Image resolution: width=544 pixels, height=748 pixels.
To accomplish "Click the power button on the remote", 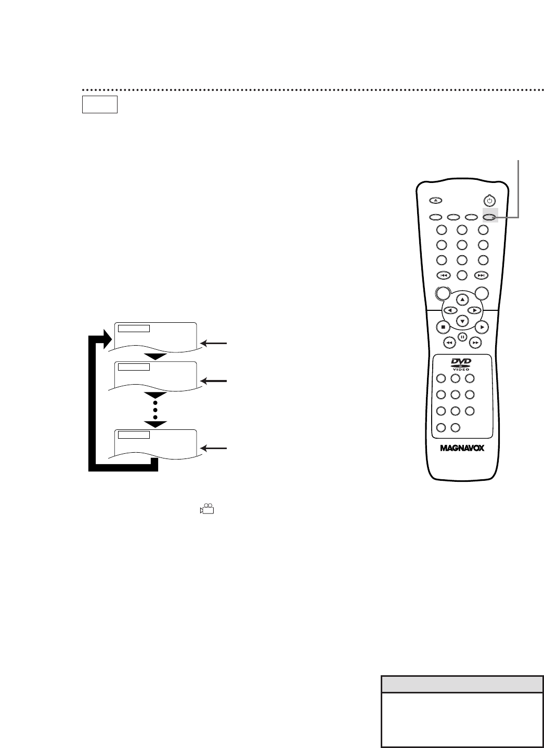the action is pyautogui.click(x=488, y=200).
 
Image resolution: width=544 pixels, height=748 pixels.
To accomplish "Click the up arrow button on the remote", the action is pyautogui.click(x=462, y=299).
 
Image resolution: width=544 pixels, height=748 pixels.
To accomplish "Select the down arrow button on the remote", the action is pyautogui.click(x=462, y=321).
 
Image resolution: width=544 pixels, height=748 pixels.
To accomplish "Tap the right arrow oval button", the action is pyautogui.click(x=474, y=310).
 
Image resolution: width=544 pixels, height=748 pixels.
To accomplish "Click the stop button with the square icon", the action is pyautogui.click(x=443, y=327).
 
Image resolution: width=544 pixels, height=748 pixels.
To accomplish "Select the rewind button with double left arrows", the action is pyautogui.click(x=448, y=343).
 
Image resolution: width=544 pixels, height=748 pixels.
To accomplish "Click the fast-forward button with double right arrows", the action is pyautogui.click(x=475, y=343).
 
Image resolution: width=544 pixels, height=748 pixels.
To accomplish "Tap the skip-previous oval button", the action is pyautogui.click(x=443, y=275).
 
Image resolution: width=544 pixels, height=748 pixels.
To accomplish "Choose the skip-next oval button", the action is pyautogui.click(x=482, y=275).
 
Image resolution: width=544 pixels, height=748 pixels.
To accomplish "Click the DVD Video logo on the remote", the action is pyautogui.click(x=461, y=364).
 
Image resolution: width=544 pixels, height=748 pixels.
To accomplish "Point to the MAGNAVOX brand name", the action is pyautogui.click(x=461, y=448).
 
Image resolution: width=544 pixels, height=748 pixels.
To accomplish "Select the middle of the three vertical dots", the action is pyautogui.click(x=155, y=410).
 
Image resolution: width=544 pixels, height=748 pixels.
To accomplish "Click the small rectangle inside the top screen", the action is pyautogui.click(x=134, y=328).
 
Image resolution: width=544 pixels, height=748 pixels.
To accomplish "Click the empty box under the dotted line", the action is pyautogui.click(x=100, y=104).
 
